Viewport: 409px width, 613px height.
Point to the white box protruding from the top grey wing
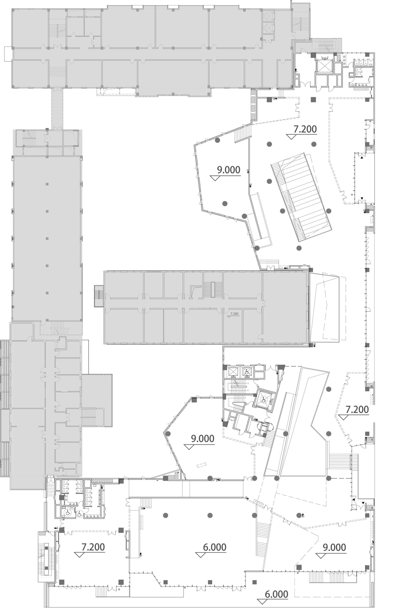[x=8, y=54]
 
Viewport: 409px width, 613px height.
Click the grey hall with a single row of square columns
[x=47, y=238]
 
